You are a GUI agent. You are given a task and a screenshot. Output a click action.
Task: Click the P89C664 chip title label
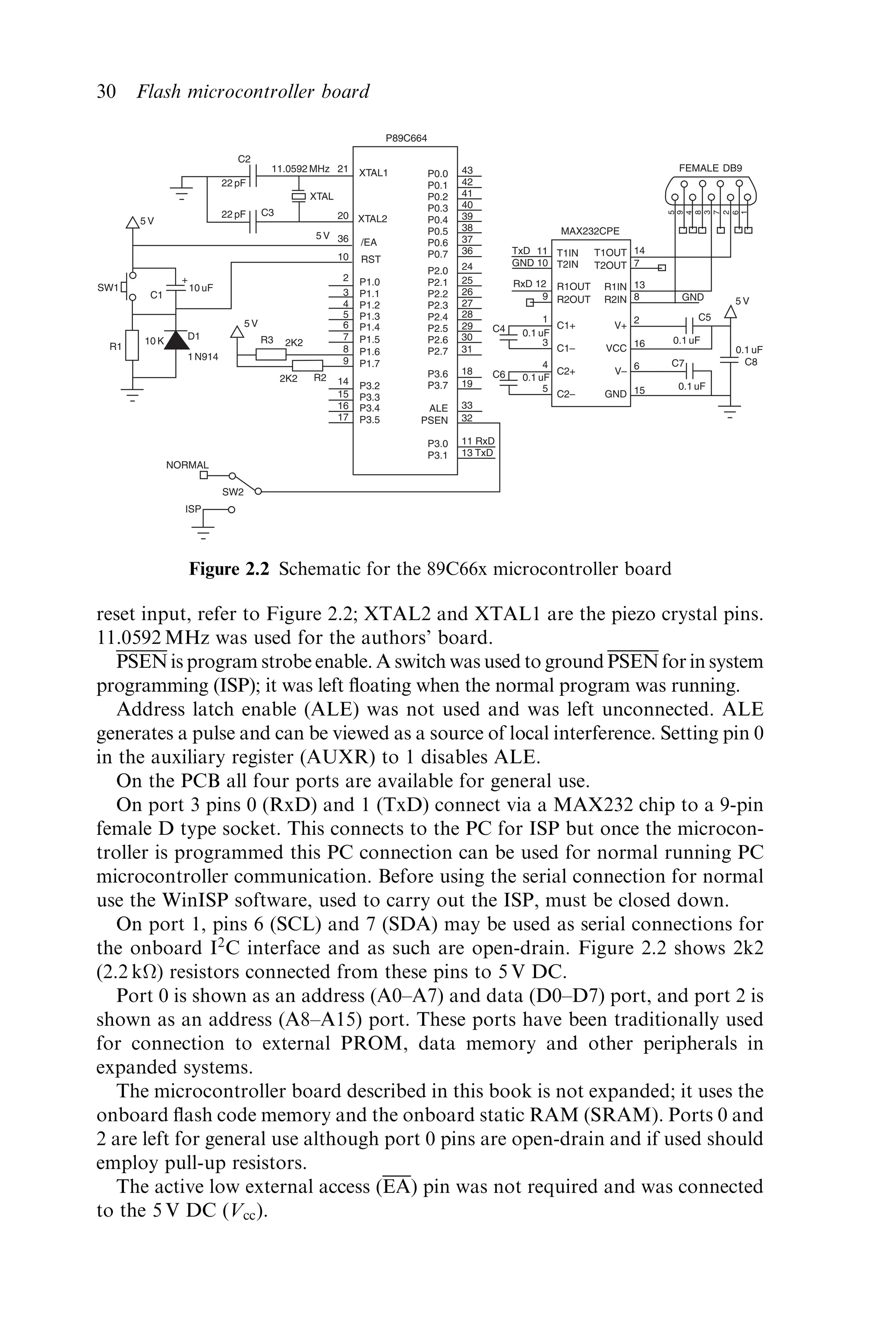pos(406,138)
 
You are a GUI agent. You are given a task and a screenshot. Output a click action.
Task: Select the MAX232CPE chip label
pos(590,231)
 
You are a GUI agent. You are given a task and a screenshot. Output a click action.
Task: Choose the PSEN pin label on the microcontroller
pos(434,420)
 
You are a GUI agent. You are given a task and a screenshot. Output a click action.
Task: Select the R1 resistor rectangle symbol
pos(133,345)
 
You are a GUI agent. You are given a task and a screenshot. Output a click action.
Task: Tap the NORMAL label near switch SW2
pos(187,465)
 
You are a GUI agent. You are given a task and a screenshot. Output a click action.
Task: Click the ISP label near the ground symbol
pos(193,509)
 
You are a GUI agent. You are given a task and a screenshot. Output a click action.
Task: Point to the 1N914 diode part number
pos(203,357)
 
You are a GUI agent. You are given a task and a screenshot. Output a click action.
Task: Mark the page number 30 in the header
pos(107,92)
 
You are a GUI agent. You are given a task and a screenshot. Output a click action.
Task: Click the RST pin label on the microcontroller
pos(370,260)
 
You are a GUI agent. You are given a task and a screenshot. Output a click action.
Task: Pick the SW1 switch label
pos(107,288)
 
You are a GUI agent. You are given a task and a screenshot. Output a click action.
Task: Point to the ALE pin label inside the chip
pos(438,408)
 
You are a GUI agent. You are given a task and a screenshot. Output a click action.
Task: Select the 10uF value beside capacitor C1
pos(201,288)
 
